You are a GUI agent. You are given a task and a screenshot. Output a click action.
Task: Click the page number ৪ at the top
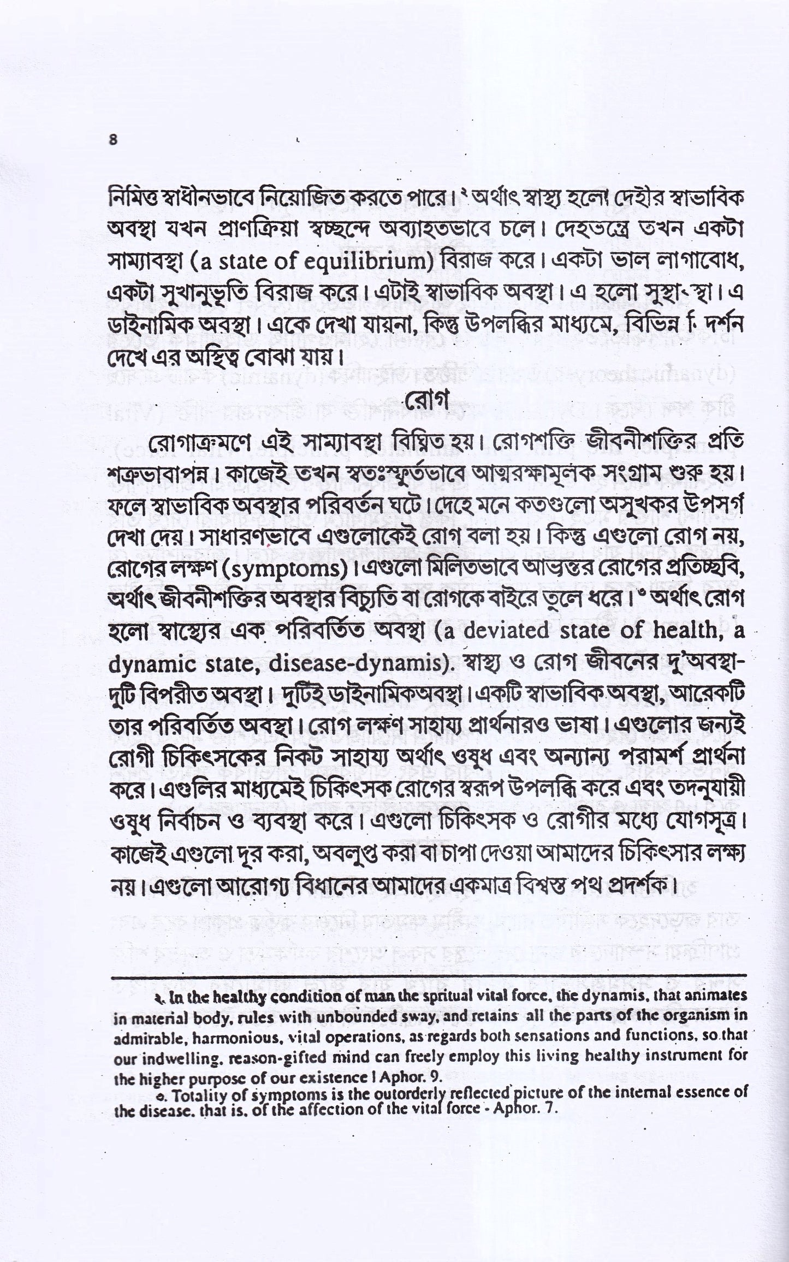coord(114,139)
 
